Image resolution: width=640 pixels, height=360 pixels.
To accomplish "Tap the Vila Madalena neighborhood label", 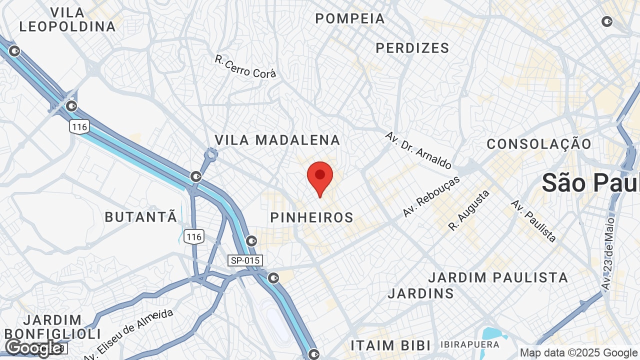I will click(x=277, y=140).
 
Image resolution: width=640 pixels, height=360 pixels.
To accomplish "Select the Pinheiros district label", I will click(x=311, y=217).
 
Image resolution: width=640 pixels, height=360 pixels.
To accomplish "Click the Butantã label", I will click(x=141, y=217).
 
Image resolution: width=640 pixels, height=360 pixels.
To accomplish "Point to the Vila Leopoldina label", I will click(x=67, y=19).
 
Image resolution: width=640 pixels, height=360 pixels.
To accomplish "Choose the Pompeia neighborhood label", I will click(x=350, y=18).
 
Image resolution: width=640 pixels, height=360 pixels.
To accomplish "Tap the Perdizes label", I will click(x=412, y=48).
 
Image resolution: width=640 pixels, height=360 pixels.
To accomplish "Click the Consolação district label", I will click(x=539, y=144).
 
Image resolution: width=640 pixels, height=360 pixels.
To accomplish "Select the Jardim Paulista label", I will click(x=498, y=277).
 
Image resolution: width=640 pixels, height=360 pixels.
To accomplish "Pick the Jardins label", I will click(x=420, y=293).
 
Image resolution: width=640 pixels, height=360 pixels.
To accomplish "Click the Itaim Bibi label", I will click(x=390, y=345).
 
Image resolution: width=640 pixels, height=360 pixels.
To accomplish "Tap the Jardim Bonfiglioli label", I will click(x=52, y=326).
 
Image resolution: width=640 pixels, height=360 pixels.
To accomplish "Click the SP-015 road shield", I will click(x=245, y=260).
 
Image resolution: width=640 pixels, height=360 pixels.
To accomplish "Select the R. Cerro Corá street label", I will click(x=245, y=66).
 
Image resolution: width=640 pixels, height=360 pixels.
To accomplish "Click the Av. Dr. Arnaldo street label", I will click(x=418, y=150).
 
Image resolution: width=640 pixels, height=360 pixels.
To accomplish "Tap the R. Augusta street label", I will click(x=468, y=210).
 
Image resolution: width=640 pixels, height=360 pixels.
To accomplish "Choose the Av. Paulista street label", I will click(x=533, y=220).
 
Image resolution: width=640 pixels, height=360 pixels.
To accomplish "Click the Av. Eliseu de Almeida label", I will click(x=129, y=335).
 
